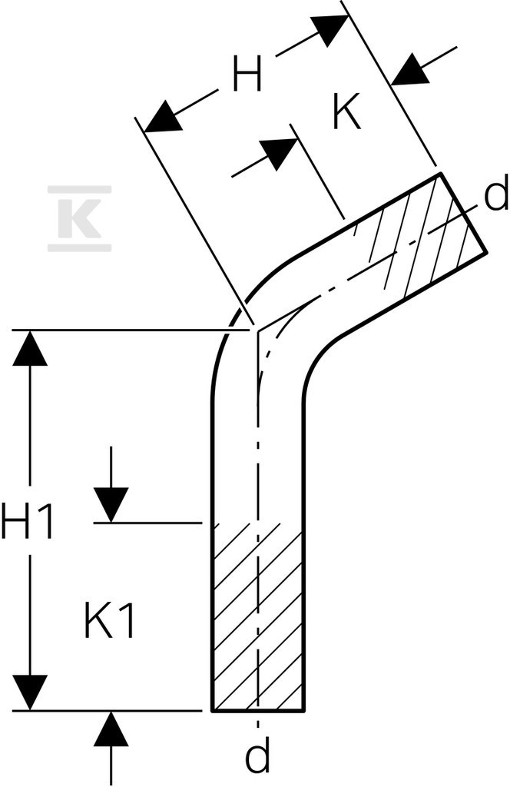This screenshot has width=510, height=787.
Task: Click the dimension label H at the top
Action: pos(247,75)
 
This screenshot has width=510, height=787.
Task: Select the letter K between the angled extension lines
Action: pos(347,111)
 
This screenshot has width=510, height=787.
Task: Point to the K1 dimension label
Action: pos(109,620)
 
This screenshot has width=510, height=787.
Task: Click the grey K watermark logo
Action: pos(80,218)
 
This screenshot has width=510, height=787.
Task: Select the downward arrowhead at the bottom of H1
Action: pos(30,692)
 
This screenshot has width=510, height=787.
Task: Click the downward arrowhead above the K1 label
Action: pos(111,505)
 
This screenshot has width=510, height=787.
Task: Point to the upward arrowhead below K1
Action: pos(111,729)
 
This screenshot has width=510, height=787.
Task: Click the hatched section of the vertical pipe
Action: pos(257,617)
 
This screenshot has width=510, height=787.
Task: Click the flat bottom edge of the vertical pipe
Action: pos(257,710)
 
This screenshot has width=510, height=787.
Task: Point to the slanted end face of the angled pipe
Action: pos(463,214)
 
